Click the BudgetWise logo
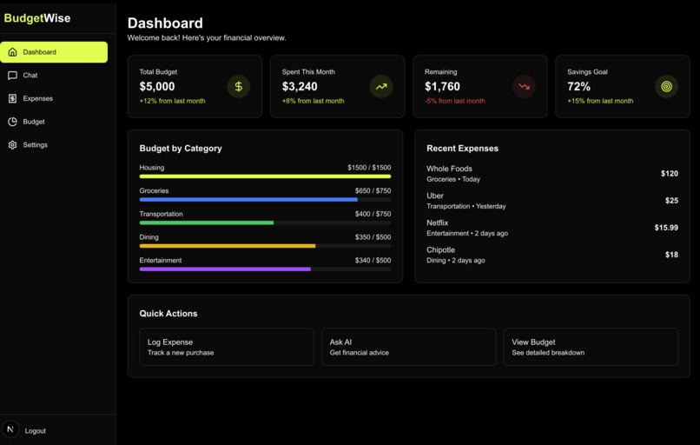click(x=37, y=18)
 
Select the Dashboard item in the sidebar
click(x=54, y=52)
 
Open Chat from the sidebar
click(x=30, y=76)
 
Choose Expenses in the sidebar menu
click(x=37, y=99)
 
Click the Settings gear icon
click(x=12, y=145)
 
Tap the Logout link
click(x=35, y=431)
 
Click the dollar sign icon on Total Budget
click(x=238, y=87)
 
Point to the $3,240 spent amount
click(x=300, y=87)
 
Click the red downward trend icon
click(x=524, y=87)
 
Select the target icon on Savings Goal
click(x=666, y=87)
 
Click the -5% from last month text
click(x=454, y=101)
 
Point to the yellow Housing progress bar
click(x=265, y=176)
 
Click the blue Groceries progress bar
click(x=248, y=199)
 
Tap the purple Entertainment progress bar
click(x=225, y=269)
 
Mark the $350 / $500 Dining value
click(x=373, y=237)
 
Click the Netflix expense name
click(x=438, y=223)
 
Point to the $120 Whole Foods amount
click(x=669, y=174)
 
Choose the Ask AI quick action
click(x=408, y=347)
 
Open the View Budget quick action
click(x=591, y=347)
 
